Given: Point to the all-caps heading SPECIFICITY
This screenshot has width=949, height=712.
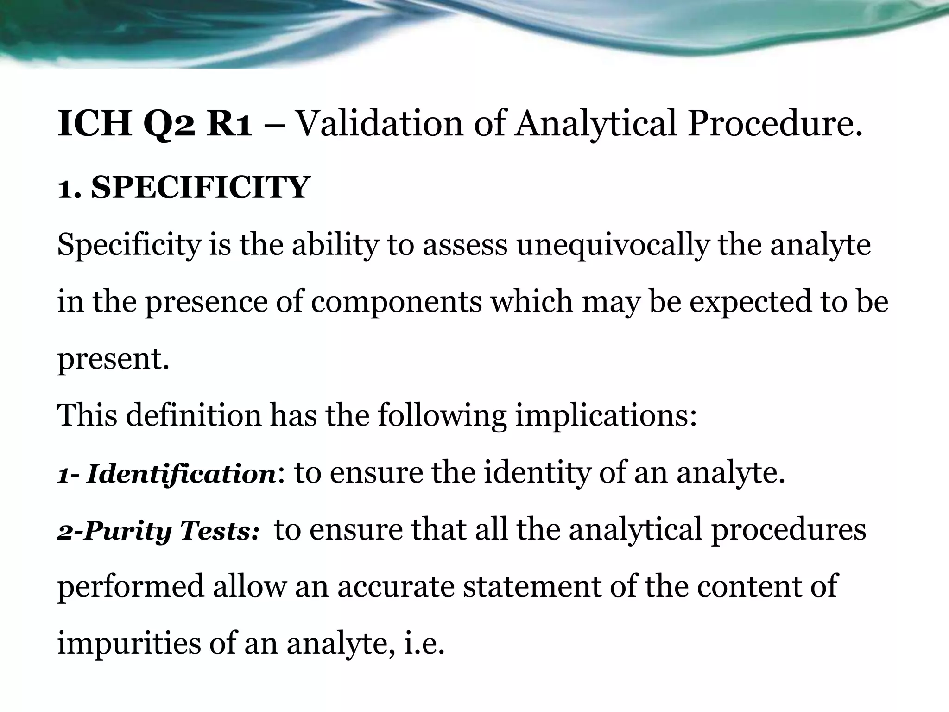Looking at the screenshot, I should (200, 188).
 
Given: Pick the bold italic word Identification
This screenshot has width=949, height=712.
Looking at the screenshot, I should (181, 474).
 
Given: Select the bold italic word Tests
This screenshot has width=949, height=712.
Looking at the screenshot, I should (220, 531).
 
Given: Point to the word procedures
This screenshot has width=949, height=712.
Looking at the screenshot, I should (788, 531).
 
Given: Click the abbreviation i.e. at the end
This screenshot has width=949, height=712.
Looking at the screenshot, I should (424, 644).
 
